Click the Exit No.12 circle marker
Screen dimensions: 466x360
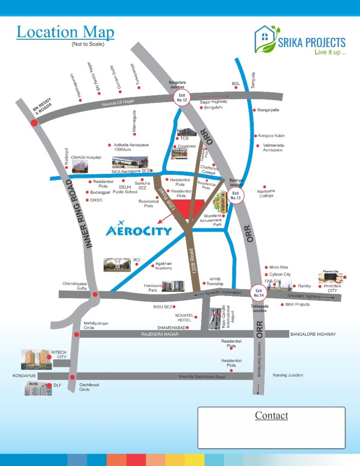(182, 97)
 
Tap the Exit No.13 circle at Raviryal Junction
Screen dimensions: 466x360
(236, 195)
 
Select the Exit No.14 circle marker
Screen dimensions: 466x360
(258, 293)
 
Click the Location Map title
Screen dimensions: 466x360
(65, 32)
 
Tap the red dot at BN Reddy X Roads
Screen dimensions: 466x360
(34, 123)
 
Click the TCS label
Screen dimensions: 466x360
(184, 139)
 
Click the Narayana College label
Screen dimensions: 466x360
(272, 193)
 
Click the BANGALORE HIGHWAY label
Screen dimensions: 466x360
(313, 334)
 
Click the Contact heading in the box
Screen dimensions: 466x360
(272, 415)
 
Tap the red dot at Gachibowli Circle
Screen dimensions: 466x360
(73, 378)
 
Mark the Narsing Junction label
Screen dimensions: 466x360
(288, 375)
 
